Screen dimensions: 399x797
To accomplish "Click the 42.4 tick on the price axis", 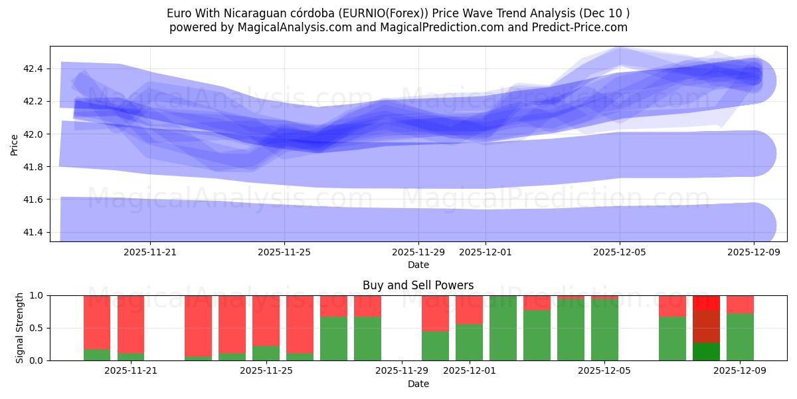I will click(x=33, y=68).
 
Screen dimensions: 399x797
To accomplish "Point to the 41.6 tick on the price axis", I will click(x=33, y=199).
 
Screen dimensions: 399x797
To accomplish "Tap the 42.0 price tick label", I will click(x=33, y=134).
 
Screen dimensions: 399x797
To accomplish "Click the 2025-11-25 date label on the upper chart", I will click(x=284, y=252).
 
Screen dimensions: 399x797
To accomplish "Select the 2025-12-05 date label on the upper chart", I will click(x=620, y=252).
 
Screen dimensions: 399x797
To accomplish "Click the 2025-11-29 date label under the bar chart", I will click(x=402, y=371).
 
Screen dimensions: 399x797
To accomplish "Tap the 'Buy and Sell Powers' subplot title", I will click(x=418, y=285).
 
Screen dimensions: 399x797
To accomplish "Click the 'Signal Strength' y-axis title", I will click(x=20, y=328).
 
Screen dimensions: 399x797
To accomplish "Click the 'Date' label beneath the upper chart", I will click(x=418, y=265).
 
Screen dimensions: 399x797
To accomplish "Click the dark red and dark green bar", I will click(x=706, y=328).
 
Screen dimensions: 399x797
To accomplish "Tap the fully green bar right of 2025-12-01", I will click(x=503, y=328).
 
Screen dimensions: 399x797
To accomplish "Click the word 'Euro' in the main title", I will click(x=179, y=13).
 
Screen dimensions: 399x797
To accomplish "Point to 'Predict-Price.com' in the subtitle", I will click(x=580, y=27).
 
